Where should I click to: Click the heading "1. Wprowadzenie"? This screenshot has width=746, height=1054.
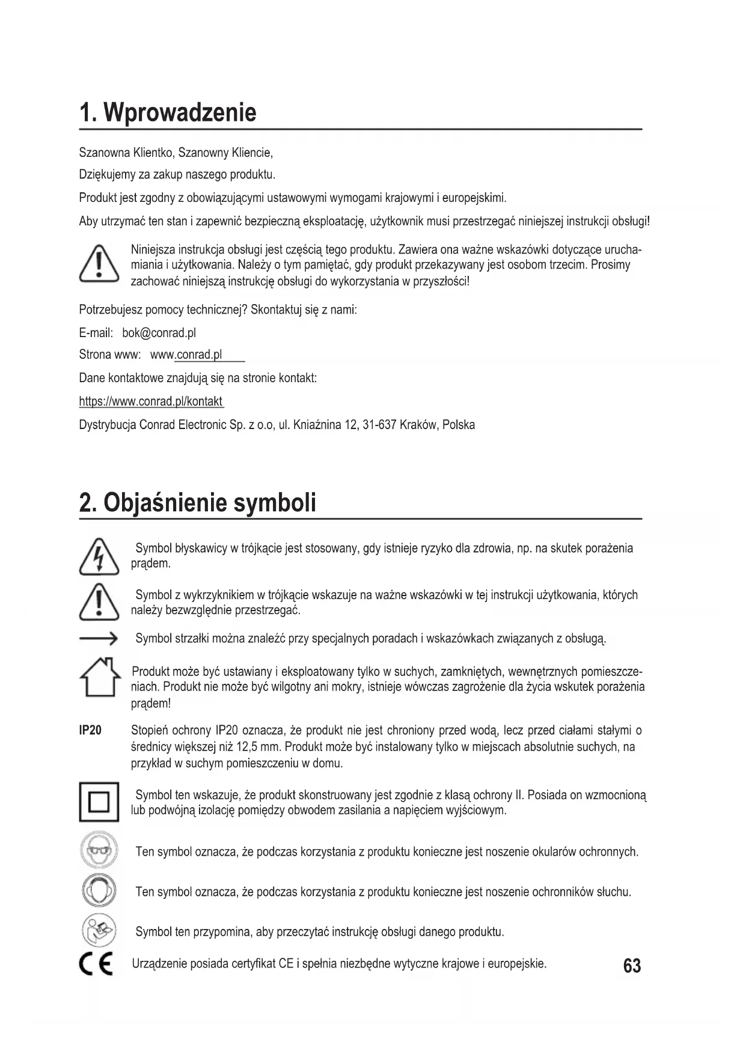tap(168, 112)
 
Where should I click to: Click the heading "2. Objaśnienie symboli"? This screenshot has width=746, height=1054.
tap(197, 502)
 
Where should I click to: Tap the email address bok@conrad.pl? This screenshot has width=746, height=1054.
tap(159, 333)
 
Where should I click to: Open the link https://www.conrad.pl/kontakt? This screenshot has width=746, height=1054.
tap(151, 401)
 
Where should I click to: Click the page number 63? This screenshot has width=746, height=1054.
tap(632, 966)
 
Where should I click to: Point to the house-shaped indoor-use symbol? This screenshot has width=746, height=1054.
tap(99, 677)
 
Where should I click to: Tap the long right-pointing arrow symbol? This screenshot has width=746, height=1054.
tap(98, 639)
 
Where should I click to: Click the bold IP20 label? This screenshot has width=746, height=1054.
tap(90, 731)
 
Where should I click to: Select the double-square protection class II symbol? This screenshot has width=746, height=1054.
tap(99, 802)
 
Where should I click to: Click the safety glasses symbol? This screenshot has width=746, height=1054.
tap(98, 851)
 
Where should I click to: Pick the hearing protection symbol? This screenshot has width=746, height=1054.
tap(98, 891)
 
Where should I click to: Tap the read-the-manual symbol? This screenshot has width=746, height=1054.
tap(98, 931)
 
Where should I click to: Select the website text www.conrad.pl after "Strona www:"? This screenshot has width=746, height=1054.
tap(186, 355)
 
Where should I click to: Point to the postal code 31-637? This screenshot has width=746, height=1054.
tap(379, 425)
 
